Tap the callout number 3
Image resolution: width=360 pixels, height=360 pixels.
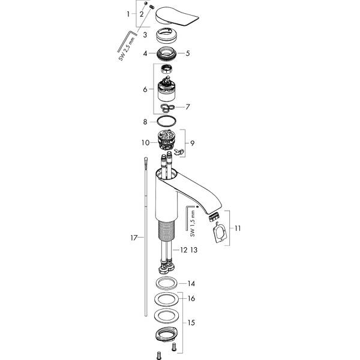click(145, 35)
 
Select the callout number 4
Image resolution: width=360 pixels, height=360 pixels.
click(145, 53)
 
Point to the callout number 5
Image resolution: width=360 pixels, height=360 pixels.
click(188, 53)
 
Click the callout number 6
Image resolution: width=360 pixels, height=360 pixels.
click(145, 89)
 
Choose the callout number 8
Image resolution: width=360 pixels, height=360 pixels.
click(145, 122)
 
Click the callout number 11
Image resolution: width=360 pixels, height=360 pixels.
click(237, 228)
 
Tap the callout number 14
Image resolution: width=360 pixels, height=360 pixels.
click(191, 283)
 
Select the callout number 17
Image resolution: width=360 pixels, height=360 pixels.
click(134, 238)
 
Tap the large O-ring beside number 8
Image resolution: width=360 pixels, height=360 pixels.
click(169, 122)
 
